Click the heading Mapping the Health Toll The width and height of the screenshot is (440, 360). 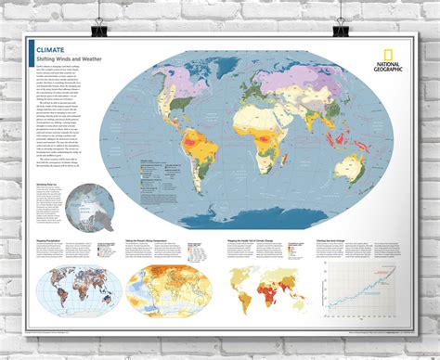tap(255, 239)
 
